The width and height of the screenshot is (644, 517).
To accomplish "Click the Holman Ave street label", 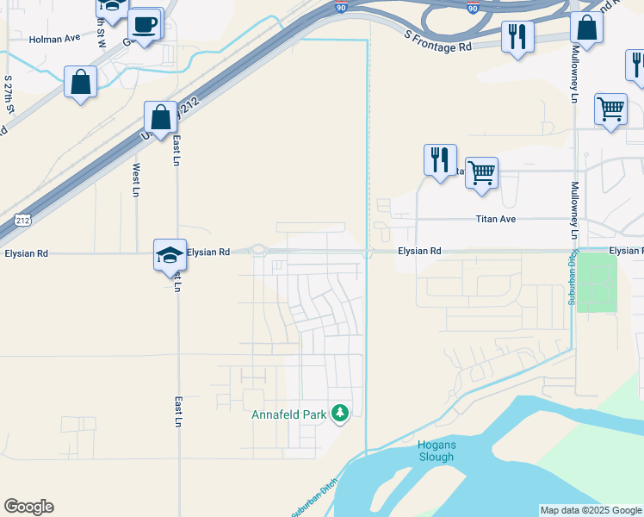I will [54, 39].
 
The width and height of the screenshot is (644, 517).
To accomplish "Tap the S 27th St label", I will [9, 97].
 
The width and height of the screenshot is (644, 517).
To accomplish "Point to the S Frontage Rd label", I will [438, 40].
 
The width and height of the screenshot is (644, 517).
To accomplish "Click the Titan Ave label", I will [495, 220].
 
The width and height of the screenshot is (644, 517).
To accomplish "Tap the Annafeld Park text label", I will [288, 414].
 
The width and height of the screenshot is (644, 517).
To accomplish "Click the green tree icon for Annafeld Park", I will [340, 414].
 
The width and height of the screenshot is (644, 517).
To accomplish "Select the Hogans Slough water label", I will [436, 451].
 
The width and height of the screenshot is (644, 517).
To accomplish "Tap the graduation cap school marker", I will [170, 254].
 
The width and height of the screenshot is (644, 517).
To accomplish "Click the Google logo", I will [28, 507].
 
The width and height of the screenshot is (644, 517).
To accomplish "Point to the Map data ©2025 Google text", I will [591, 511].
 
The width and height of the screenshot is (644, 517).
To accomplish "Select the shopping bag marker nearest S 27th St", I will [80, 83].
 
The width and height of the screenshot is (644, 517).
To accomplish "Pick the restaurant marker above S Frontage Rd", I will [517, 36].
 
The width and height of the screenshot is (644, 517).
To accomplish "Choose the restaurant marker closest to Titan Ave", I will [440, 159].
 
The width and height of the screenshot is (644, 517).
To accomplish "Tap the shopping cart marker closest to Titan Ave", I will [481, 171].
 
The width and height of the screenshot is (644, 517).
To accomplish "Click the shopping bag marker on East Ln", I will [161, 116].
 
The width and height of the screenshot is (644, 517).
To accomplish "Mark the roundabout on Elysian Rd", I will [259, 252].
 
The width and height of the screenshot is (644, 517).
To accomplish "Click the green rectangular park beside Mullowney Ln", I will [597, 283].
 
